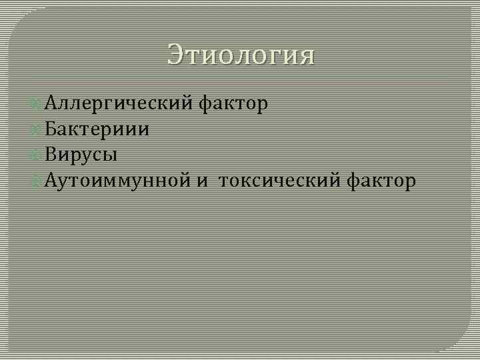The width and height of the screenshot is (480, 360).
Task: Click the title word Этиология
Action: [x=240, y=54]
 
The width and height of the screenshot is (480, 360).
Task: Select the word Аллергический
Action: [x=120, y=103]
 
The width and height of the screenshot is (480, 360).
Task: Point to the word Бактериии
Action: [x=97, y=129]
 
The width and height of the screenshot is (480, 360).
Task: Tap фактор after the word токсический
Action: [x=381, y=180]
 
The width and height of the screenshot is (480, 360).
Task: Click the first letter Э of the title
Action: [x=176, y=54]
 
